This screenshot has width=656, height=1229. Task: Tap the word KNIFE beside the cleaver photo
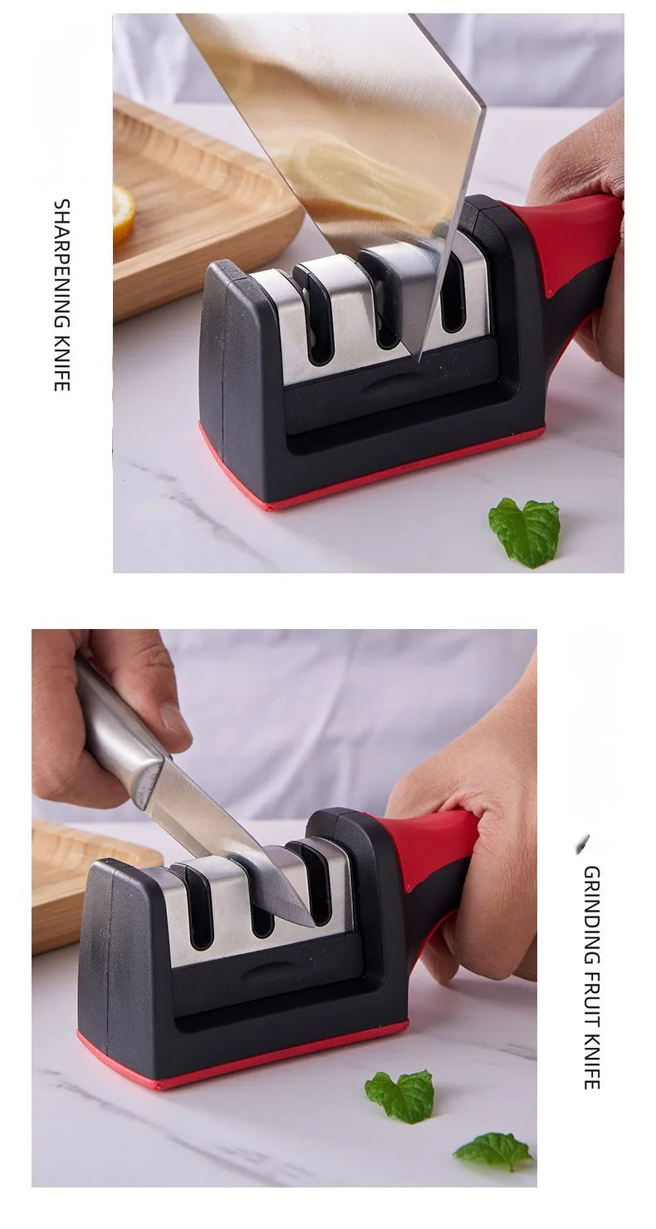pos(62,361)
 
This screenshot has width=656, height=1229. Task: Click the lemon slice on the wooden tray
pos(124,214)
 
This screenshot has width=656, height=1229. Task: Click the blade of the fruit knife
pos(233,848)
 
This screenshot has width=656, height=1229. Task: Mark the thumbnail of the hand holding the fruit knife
pos(174,719)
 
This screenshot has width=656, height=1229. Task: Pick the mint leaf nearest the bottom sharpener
pos(401,1094)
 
